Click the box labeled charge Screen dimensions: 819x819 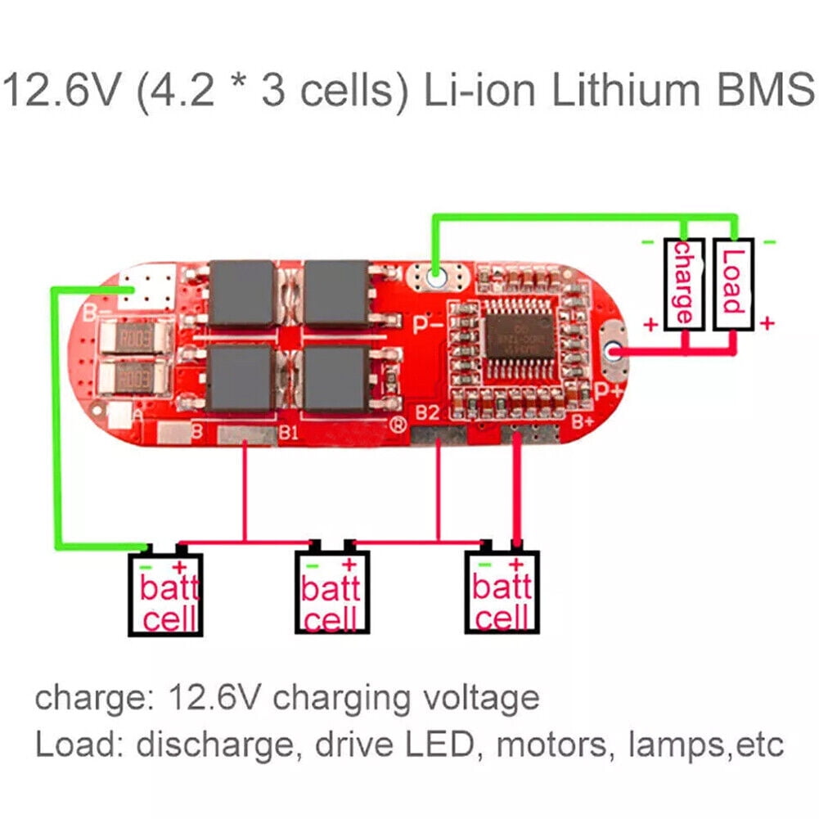(x=683, y=284)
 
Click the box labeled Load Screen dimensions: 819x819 (x=732, y=284)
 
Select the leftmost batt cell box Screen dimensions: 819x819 (x=164, y=595)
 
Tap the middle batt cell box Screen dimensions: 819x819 (x=331, y=595)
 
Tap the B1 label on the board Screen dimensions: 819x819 (x=288, y=432)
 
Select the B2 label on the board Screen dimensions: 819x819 (x=427, y=413)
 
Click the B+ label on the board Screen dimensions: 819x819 (x=582, y=422)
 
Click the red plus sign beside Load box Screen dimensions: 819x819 (x=767, y=323)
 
